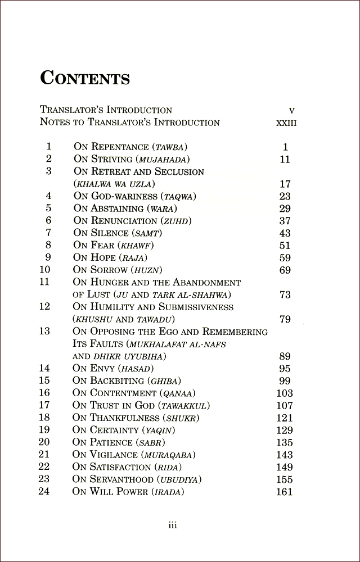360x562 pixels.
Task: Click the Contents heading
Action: point(85,78)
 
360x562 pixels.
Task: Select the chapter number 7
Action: point(48,233)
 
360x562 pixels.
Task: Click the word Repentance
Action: point(120,147)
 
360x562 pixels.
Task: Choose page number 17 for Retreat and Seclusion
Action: point(285,184)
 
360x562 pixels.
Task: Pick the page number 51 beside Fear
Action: point(285,246)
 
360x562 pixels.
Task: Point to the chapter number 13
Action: point(44,331)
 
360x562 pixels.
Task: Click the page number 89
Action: point(285,356)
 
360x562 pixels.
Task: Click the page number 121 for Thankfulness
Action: point(285,418)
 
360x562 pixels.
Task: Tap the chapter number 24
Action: point(44,491)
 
